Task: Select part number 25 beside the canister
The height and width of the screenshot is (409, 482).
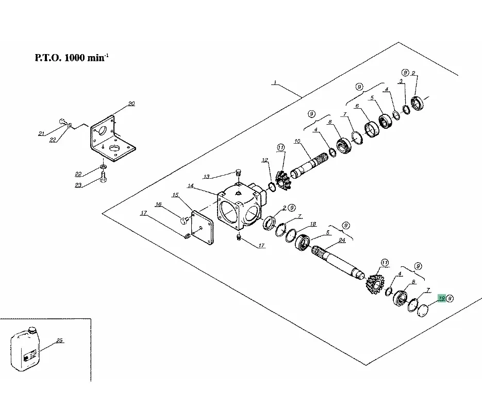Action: pos(59,340)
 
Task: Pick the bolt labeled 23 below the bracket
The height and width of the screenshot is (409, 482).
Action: pos(103,180)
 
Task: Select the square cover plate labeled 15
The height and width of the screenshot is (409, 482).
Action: pos(203,227)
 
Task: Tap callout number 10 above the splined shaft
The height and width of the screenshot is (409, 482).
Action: pos(297,141)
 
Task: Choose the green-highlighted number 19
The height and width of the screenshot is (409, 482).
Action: pos(441,298)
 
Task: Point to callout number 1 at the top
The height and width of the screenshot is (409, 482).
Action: pos(275,82)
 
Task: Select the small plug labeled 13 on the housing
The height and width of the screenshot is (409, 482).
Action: pos(239,172)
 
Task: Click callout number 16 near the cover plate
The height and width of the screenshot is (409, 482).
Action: pos(158,204)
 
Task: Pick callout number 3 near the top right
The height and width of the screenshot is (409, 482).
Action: pos(401,82)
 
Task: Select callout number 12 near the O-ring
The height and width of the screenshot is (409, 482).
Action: pos(264,160)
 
